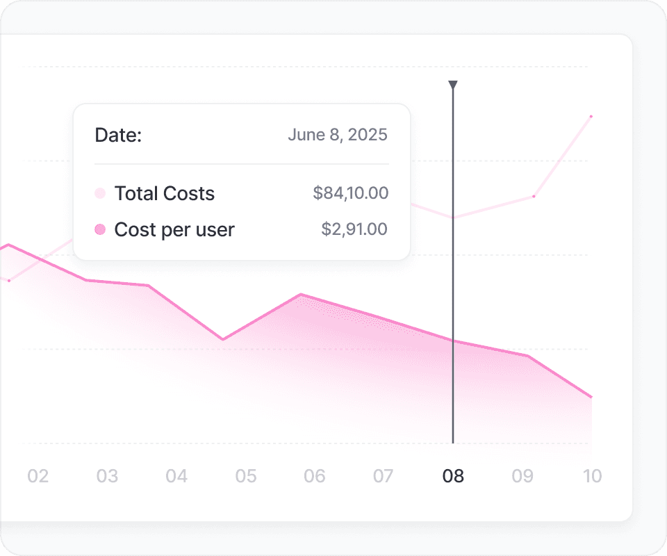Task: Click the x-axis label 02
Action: click(38, 476)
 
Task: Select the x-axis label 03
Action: click(107, 476)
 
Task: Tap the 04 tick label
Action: click(176, 476)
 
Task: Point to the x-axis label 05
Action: click(246, 476)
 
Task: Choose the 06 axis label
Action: click(315, 476)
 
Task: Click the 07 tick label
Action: click(384, 476)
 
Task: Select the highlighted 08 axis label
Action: click(453, 476)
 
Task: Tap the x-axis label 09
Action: click(522, 476)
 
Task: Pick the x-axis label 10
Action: click(592, 476)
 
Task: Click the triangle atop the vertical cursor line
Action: click(453, 85)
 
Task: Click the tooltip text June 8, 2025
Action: click(338, 135)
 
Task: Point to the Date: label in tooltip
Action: click(118, 135)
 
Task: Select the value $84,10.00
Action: click(350, 193)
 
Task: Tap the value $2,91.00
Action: click(354, 229)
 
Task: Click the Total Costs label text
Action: click(164, 193)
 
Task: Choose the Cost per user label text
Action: click(174, 229)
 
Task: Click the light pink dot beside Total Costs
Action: click(100, 193)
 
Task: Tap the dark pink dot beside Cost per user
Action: click(100, 229)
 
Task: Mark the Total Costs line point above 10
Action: click(591, 116)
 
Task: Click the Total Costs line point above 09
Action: click(534, 197)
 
